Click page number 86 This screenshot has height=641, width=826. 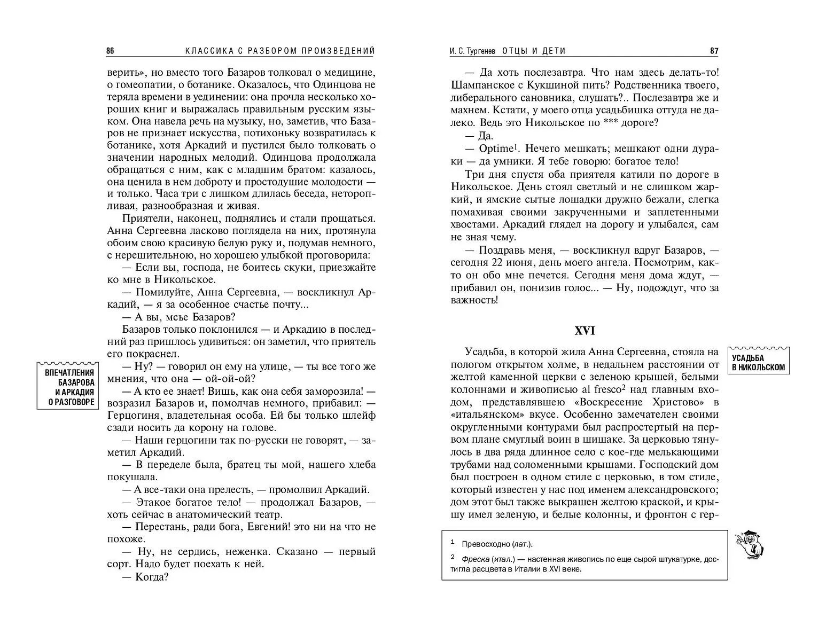pyautogui.click(x=110, y=51)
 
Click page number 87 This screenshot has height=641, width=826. pyautogui.click(x=714, y=51)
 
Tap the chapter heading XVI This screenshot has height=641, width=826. pyautogui.click(x=584, y=331)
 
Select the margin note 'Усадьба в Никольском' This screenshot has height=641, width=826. pyautogui.click(x=758, y=363)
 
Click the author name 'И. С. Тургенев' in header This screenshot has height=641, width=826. pyautogui.click(x=473, y=51)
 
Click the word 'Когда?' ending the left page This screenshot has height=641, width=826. pyautogui.click(x=152, y=577)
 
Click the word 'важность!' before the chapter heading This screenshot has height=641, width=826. pyautogui.click(x=474, y=301)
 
